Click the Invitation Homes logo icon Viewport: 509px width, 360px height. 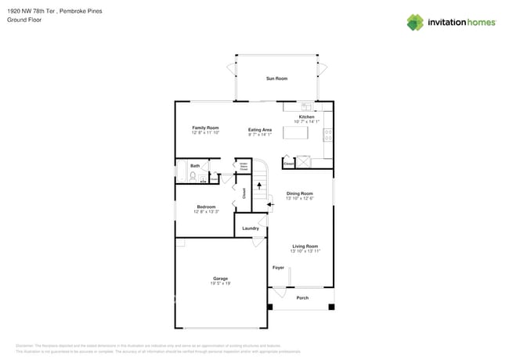coord(415,22)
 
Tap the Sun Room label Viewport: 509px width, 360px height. coord(276,78)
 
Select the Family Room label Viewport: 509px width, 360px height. coord(205,128)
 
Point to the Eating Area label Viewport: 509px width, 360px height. coord(260,130)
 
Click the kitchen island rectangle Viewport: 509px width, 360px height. coord(295,133)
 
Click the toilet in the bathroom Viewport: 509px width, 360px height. coord(193,176)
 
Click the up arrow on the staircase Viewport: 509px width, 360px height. coord(259,187)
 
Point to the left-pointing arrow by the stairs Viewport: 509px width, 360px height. coord(270,205)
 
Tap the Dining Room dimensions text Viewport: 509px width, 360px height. coord(299,198)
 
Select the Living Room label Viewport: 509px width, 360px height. coord(305,246)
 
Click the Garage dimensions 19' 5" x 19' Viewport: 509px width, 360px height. coord(220,283)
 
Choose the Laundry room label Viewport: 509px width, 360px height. coord(250,229)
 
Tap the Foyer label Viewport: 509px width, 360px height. coord(278,268)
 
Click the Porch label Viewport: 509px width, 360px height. coord(302,297)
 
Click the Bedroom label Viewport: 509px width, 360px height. coord(206,207)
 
